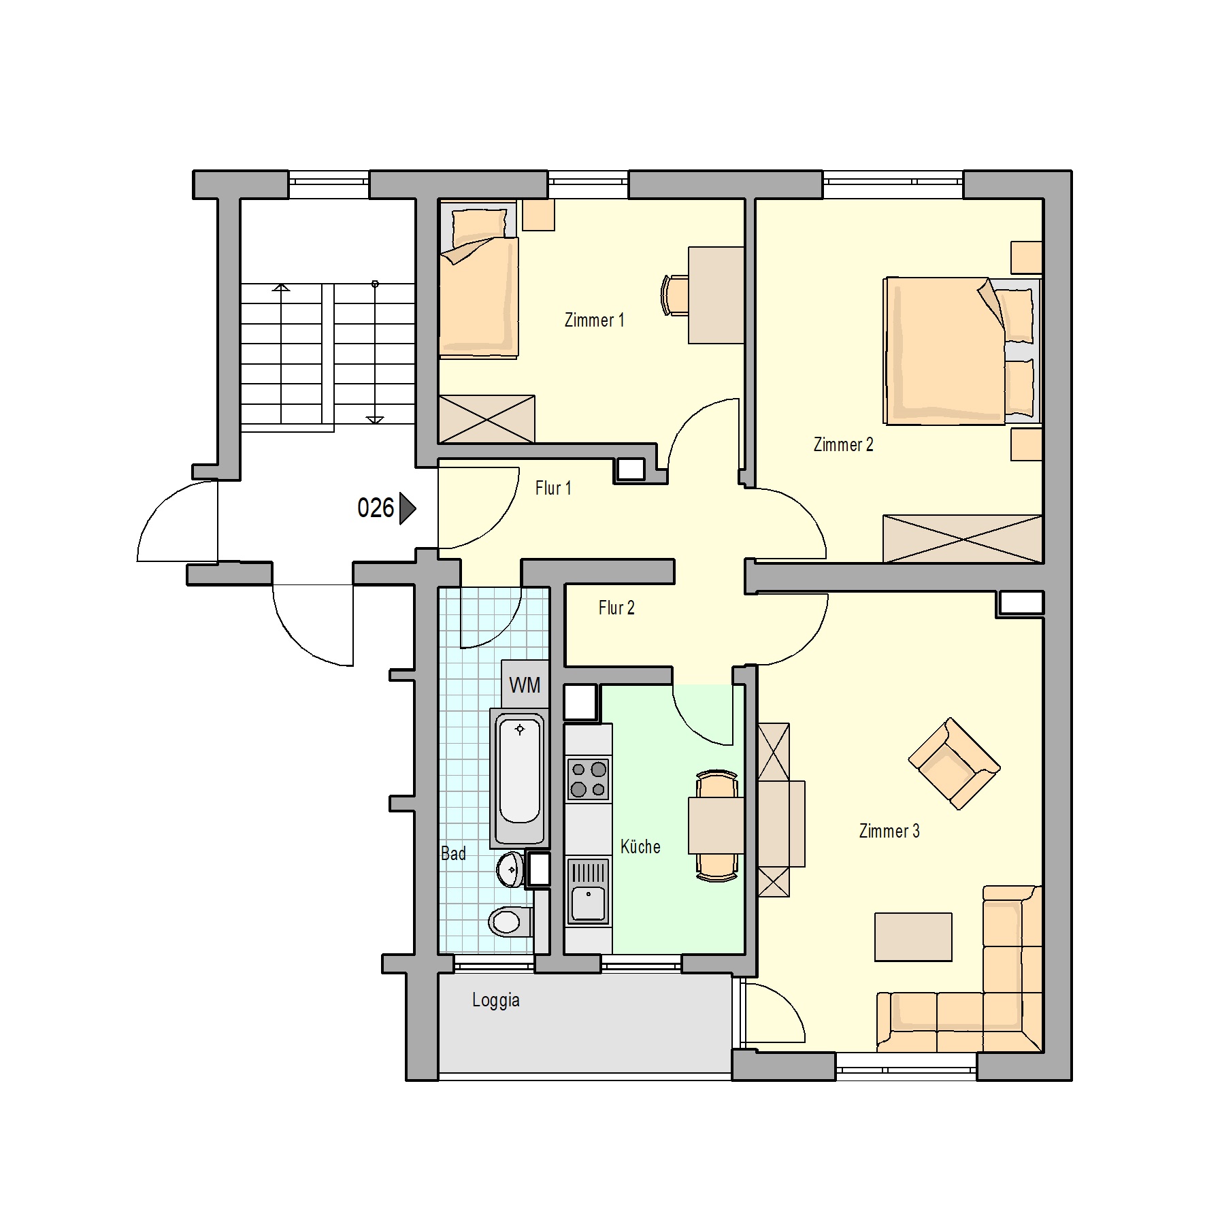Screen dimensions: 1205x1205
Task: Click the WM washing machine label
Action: pyautogui.click(x=525, y=685)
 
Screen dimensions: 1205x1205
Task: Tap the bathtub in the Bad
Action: pyautogui.click(x=520, y=780)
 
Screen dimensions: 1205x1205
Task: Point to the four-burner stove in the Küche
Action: pyautogui.click(x=589, y=779)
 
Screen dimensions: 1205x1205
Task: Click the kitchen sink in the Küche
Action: pyautogui.click(x=589, y=891)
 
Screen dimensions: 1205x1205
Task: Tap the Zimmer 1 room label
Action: pyautogui.click(x=594, y=320)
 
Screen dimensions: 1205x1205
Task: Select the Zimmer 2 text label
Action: pyautogui.click(x=843, y=444)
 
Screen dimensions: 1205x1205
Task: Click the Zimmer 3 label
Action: pyautogui.click(x=889, y=831)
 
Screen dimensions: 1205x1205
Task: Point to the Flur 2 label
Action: pyautogui.click(x=616, y=608)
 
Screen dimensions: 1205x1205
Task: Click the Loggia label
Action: pyautogui.click(x=496, y=1000)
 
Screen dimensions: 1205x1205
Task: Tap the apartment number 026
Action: pyautogui.click(x=376, y=508)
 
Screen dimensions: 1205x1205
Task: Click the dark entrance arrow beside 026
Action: pyautogui.click(x=408, y=508)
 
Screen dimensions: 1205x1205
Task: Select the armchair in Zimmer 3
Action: pyautogui.click(x=954, y=763)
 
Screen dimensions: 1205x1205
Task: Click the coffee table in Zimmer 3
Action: pyautogui.click(x=913, y=937)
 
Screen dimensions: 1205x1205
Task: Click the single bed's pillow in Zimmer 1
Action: pyautogui.click(x=480, y=227)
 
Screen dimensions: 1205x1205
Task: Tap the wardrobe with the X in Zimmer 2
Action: pyautogui.click(x=963, y=539)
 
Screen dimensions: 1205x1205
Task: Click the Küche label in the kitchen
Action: pyautogui.click(x=640, y=846)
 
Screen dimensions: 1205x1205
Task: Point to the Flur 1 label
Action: pyautogui.click(x=553, y=488)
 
